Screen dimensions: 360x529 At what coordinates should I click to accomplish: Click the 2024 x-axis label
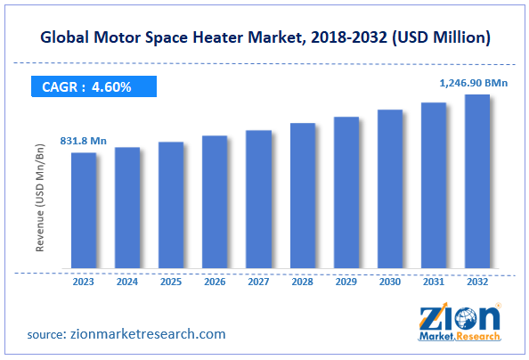pos(127,281)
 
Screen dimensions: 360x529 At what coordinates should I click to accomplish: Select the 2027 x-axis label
pos(258,281)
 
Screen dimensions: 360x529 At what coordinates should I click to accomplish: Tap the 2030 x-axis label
pos(390,281)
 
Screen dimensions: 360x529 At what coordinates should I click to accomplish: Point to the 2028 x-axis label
pos(303,281)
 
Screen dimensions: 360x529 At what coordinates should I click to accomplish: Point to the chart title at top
pos(264,38)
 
